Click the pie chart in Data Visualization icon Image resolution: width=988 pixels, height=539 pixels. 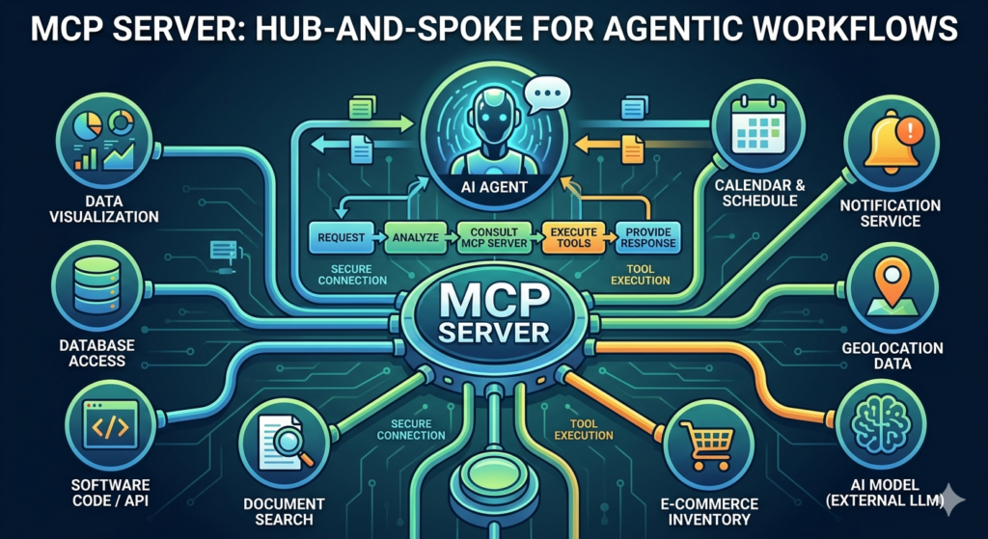point(92,126)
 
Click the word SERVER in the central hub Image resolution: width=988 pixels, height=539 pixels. point(492,332)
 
